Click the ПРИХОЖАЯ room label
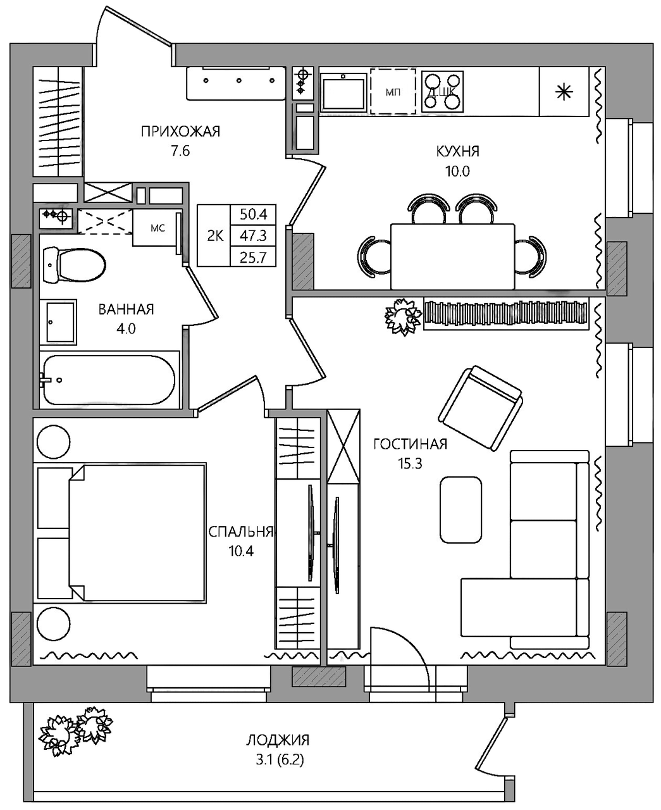tap(180, 132)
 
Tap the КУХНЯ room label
tap(457, 151)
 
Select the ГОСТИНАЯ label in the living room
tap(410, 444)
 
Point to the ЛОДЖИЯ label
tap(278, 740)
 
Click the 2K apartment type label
tap(215, 236)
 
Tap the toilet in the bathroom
tap(75, 265)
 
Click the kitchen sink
tap(343, 92)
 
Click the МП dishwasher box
tap(393, 92)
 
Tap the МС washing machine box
tap(157, 228)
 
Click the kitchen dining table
tap(452, 255)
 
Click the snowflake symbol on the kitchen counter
tap(563, 92)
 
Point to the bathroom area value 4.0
tap(126, 328)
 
